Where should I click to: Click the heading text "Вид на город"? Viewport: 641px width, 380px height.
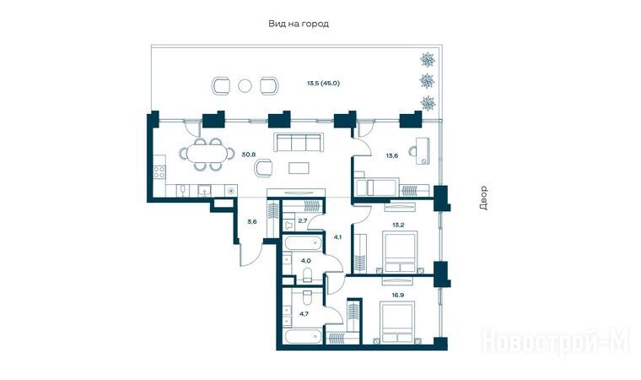(x=299, y=24)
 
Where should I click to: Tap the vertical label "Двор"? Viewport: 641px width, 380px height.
(x=483, y=198)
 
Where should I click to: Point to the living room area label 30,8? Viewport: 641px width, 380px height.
(x=248, y=155)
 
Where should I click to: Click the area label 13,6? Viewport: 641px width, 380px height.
(x=392, y=155)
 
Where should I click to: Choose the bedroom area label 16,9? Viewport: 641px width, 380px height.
(x=397, y=295)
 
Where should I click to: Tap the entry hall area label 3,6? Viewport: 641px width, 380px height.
(x=252, y=222)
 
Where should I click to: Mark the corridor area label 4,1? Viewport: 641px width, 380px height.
(x=337, y=236)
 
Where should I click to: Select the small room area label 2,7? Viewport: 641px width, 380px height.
(x=303, y=220)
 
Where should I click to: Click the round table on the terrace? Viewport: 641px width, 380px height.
(x=245, y=85)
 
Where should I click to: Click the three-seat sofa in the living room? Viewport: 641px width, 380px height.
(x=299, y=142)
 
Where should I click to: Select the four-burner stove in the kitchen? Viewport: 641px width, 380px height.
(x=159, y=172)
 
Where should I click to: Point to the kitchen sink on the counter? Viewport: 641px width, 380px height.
(x=204, y=190)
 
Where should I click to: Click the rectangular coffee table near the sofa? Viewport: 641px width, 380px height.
(x=299, y=167)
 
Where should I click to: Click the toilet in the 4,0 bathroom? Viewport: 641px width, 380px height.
(x=308, y=275)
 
